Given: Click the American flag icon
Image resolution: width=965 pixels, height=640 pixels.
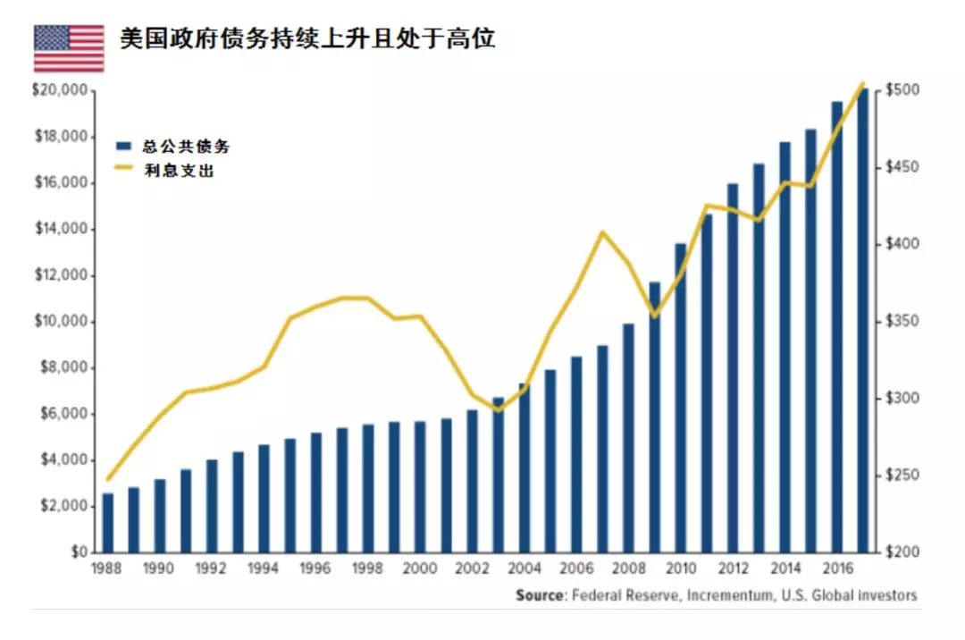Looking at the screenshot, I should pos(69,48).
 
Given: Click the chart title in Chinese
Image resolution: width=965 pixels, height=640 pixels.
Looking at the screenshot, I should pos(307,39).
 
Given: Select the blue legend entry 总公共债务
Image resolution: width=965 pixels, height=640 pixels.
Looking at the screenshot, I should pos(179,147).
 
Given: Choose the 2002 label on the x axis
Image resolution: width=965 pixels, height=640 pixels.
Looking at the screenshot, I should pos(472,569).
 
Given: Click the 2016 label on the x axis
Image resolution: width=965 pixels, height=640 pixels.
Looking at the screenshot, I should pos(836,569).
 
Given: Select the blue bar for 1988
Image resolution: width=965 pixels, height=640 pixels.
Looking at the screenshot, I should pos(108,523).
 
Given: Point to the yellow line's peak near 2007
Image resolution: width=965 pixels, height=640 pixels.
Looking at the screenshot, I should pos(602,232).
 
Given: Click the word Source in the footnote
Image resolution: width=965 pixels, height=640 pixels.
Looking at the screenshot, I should pos(540,595).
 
